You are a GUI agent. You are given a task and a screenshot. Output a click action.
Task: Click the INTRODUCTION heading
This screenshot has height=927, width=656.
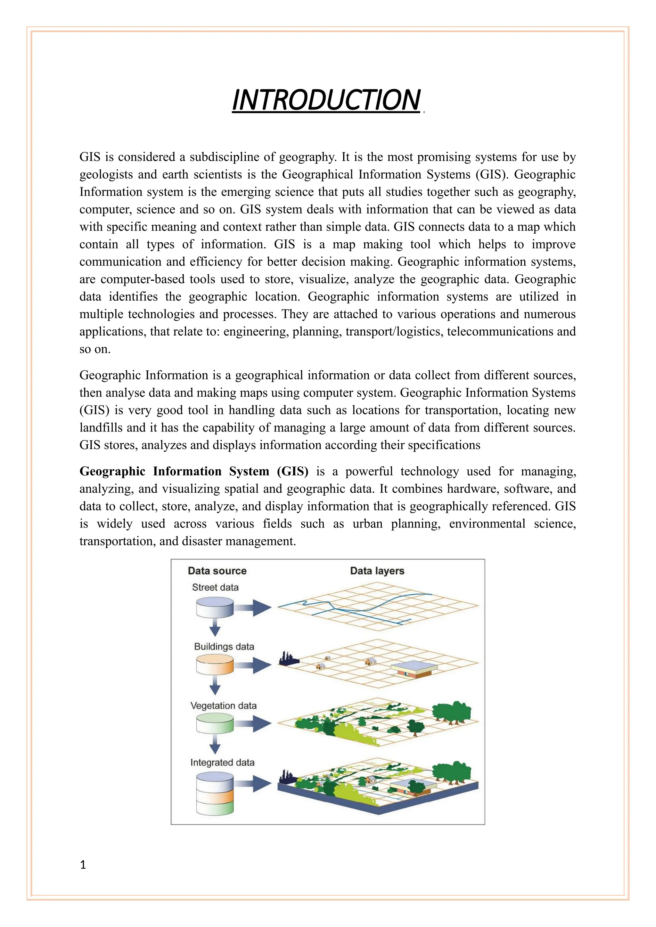(326, 100)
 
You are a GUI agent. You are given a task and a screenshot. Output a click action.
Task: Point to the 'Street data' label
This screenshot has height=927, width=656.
(215, 587)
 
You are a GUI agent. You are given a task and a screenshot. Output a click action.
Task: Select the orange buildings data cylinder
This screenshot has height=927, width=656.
(215, 665)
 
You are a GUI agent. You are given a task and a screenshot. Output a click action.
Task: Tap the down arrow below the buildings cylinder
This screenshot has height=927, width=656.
(215, 686)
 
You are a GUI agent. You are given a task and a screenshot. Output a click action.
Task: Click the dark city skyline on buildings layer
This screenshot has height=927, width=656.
(288, 658)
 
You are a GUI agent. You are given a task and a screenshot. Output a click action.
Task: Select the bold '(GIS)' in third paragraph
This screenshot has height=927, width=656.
(293, 471)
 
